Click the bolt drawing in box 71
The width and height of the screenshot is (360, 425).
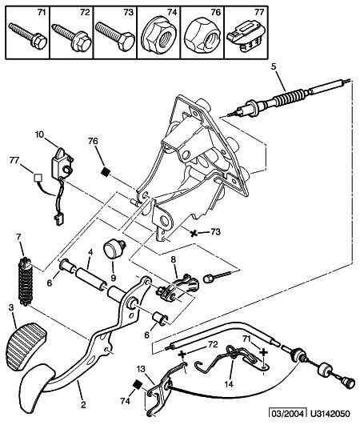28,36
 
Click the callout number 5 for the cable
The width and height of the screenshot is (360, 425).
274,66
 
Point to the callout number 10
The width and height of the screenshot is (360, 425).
39,134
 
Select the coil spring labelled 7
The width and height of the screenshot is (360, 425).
26,282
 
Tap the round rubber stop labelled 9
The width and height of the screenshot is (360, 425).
114,248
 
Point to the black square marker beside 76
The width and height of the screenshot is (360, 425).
106,171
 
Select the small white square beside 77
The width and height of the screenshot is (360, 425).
38,177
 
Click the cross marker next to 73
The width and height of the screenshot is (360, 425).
194,233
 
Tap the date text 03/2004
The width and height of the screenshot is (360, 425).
287,414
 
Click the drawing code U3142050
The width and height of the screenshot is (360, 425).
330,414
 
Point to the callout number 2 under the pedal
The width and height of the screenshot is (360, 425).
83,405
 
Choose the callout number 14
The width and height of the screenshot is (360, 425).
229,384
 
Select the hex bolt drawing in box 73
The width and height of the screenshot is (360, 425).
115,36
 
